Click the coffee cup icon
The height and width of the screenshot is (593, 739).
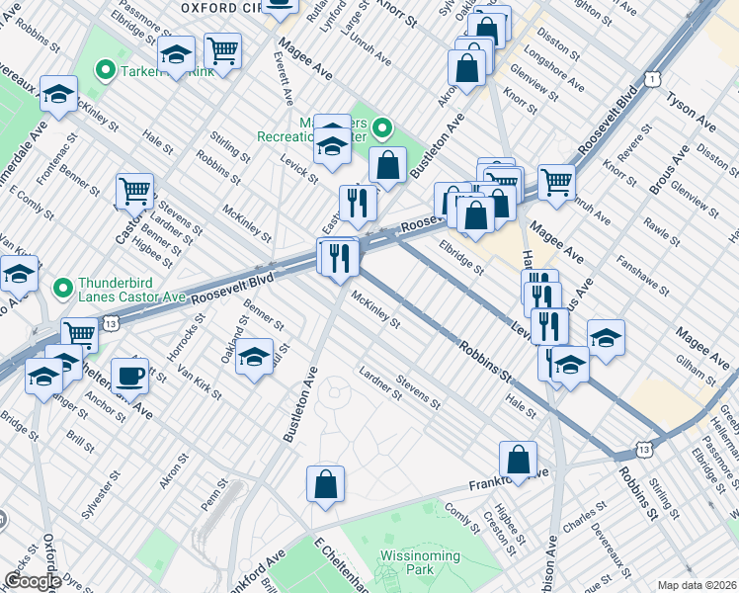[x=129, y=377]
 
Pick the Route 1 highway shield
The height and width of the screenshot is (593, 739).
[x=650, y=78]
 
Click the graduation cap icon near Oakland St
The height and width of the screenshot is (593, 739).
[x=255, y=357]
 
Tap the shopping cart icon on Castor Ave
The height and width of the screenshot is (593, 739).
[x=134, y=191]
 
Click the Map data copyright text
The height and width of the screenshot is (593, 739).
[x=697, y=585]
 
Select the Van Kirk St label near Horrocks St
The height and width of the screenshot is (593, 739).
[x=199, y=381]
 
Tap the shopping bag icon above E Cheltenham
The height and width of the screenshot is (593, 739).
[x=325, y=484]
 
